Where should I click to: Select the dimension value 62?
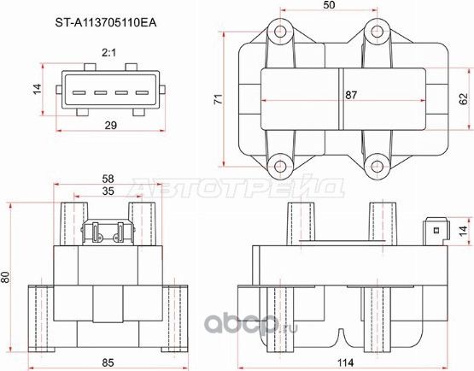(463, 99)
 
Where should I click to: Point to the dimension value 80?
(7, 277)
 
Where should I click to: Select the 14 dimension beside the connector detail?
(37, 89)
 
